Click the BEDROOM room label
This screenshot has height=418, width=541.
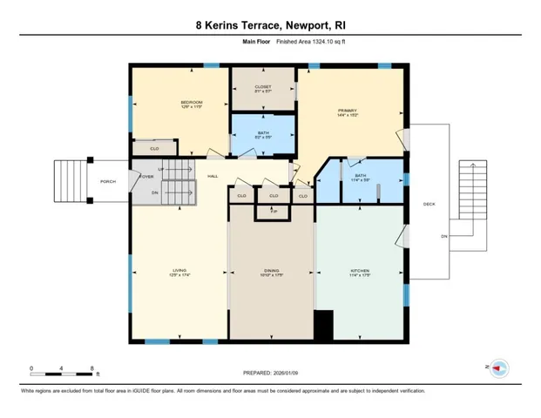tap(191, 103)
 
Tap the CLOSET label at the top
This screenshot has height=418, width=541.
tap(262, 87)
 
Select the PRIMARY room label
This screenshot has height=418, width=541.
tap(348, 111)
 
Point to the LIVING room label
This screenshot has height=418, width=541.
tap(178, 272)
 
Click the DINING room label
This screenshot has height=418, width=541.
tap(271, 272)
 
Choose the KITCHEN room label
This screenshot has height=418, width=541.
tap(359, 272)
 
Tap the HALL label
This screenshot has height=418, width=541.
tap(212, 177)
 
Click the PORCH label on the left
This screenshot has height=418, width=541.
tap(108, 181)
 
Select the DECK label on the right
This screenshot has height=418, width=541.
tap(429, 205)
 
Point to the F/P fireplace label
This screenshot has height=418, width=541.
tap(273, 212)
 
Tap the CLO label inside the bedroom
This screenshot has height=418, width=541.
tap(154, 149)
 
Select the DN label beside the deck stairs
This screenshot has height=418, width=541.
tap(443, 237)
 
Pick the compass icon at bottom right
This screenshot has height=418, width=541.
tap(499, 368)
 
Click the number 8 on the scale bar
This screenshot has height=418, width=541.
tap(92, 369)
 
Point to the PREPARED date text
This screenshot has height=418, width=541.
tap(270, 374)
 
